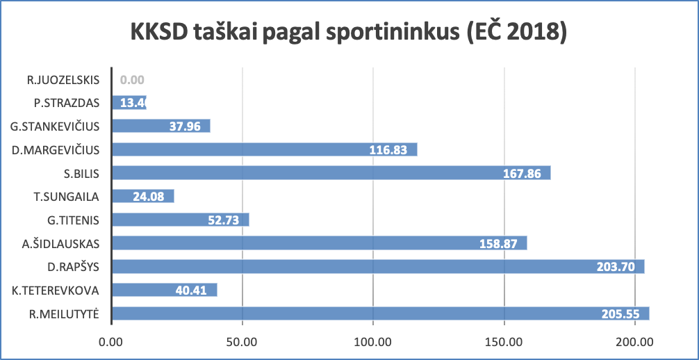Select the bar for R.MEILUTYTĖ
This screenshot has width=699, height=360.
tap(381, 313)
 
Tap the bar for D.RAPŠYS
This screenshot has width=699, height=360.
tap(378, 267)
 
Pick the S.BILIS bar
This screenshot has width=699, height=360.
tap(331, 173)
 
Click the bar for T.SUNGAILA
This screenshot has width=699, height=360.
tap(143, 197)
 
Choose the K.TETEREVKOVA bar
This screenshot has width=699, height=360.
tap(165, 290)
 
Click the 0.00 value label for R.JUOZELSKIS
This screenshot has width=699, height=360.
tap(132, 80)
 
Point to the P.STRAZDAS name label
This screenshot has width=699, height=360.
tap(67, 103)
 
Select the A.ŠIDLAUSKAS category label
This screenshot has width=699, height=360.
tap(61, 243)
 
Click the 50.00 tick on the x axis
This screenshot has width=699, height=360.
tap(242, 342)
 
